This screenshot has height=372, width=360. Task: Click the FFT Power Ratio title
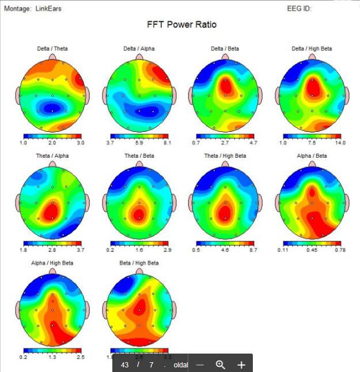point(182,25)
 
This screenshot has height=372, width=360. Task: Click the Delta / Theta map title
point(52,49)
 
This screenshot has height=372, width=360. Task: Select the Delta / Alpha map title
point(139,49)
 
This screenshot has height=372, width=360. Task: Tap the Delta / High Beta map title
point(312,49)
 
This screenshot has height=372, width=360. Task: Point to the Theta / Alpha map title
point(52,156)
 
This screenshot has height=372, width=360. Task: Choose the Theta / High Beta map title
point(225,156)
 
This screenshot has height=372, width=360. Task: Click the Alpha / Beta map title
point(312,156)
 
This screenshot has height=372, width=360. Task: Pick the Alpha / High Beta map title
point(52,263)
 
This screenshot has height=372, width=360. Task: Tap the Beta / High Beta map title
point(139,263)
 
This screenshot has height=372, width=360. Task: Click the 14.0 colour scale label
point(340,142)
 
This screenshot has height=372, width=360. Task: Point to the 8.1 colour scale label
point(168,142)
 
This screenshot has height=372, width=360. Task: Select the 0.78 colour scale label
point(340,249)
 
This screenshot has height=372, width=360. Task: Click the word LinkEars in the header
point(48,9)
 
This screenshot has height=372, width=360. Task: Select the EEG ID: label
point(300,9)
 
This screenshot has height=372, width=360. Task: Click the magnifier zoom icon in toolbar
point(220,365)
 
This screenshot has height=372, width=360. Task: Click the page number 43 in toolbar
point(125,365)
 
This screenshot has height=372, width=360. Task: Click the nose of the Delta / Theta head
point(52,58)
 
